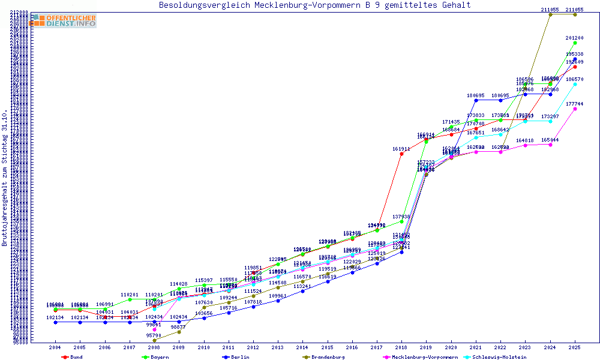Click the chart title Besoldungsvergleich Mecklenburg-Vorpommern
click(x=315, y=5)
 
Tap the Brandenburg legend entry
click(x=324, y=357)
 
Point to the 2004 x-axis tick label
click(x=55, y=347)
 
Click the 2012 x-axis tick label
click(x=253, y=347)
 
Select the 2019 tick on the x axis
click(x=427, y=347)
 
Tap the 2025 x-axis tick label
click(x=575, y=347)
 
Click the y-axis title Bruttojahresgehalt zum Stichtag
click(x=5, y=178)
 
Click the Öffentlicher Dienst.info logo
click(x=64, y=20)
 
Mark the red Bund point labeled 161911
click(x=402, y=154)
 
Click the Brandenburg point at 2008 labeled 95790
click(x=154, y=340)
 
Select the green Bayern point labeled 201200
click(x=575, y=43)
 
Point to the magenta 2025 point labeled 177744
click(x=575, y=109)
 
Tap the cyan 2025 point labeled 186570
click(x=575, y=84)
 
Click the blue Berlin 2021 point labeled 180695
click(x=476, y=100)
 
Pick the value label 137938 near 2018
click(x=401, y=217)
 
